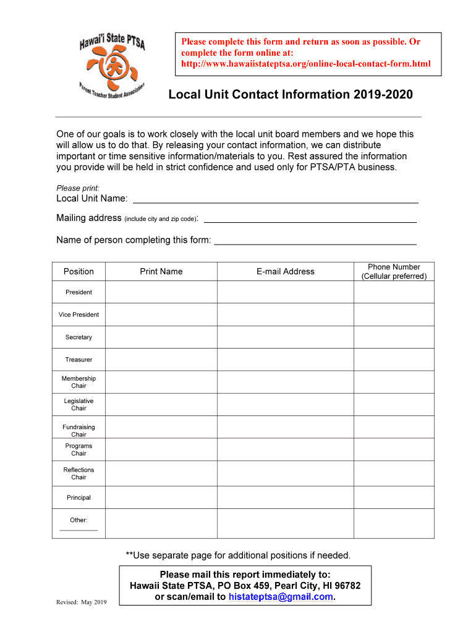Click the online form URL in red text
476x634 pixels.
click(305, 64)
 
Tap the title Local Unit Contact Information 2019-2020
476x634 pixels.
click(291, 95)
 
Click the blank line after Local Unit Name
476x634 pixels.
click(276, 199)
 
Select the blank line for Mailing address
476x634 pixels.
click(310, 219)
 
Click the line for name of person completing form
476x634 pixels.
click(315, 241)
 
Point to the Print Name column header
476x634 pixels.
click(161, 271)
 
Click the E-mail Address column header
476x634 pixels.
click(285, 271)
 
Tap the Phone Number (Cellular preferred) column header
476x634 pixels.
click(394, 271)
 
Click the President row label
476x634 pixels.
click(79, 292)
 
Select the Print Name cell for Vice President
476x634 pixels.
click(161, 315)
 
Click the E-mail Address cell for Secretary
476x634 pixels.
click(285, 337)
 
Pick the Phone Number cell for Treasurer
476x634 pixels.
click(394, 360)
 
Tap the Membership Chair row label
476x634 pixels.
click(79, 382)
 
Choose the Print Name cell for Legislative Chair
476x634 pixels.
click(161, 404)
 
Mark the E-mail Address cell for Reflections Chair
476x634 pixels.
click(285, 473)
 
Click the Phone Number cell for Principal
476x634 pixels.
click(394, 497)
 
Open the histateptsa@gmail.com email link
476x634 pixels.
click(281, 597)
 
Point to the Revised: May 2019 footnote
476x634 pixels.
click(82, 602)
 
